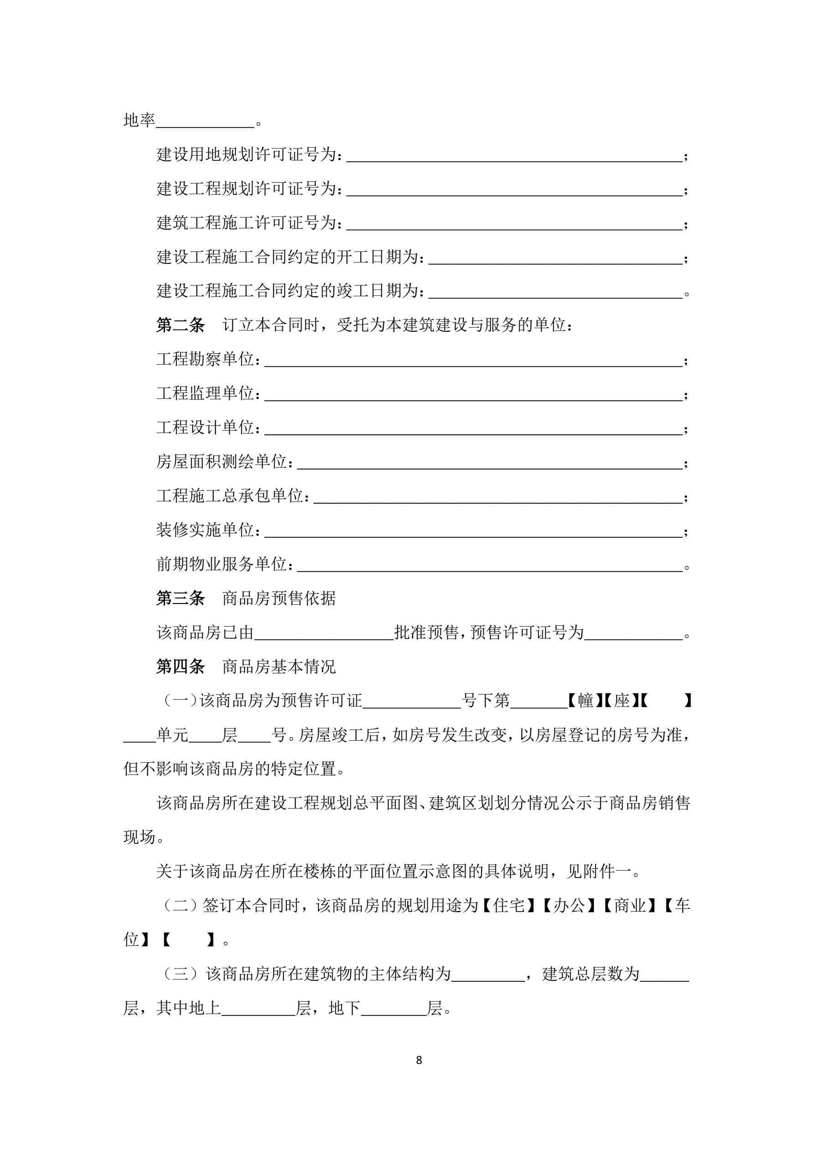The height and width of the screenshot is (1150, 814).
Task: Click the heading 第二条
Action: [181, 325]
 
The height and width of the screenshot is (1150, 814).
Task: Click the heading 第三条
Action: [181, 598]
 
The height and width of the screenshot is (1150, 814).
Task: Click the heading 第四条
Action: [181, 667]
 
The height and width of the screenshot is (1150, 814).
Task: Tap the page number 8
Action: [419, 1060]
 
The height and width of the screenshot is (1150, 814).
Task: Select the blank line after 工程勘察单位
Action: [473, 361]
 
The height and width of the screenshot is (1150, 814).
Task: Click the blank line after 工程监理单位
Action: [473, 395]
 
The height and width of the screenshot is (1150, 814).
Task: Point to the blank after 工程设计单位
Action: [473, 429]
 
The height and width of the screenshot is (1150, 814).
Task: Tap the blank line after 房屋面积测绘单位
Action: [490, 463]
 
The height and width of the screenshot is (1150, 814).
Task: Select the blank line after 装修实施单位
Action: [473, 531]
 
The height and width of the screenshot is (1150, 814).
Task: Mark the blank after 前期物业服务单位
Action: [490, 566]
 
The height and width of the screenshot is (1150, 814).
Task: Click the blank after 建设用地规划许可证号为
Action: [514, 156]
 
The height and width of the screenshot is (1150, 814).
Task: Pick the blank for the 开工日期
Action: [555, 258]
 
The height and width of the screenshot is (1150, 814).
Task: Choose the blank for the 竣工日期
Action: [555, 292]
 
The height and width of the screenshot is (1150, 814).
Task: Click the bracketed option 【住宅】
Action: [509, 906]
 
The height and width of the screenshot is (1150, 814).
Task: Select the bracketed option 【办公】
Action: [569, 906]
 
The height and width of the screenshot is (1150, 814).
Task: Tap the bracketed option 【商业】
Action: [630, 906]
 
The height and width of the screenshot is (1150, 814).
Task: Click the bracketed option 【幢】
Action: [585, 701]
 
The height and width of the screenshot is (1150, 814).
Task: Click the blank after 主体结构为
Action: [487, 974]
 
